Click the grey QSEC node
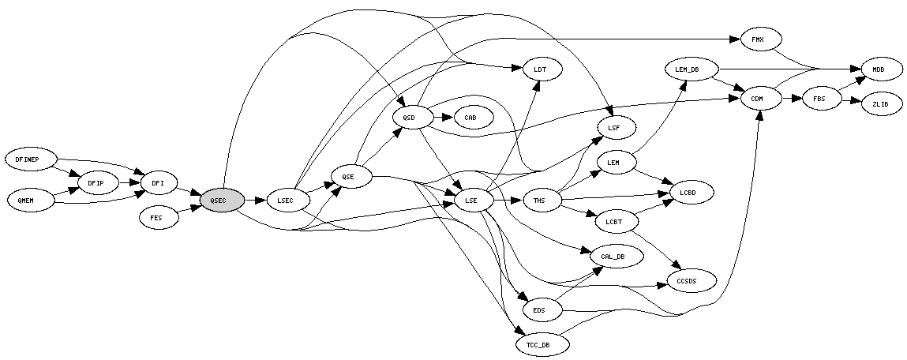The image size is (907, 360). click(x=222, y=201)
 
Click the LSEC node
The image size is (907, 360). click(x=286, y=201)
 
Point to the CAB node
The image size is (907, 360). click(x=470, y=118)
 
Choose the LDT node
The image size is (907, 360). click(x=541, y=69)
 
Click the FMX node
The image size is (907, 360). click(x=757, y=39)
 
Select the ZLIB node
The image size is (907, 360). click(x=880, y=103)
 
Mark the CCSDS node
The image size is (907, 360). click(x=691, y=280)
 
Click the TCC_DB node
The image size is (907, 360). click(x=538, y=345)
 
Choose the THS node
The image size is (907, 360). click(x=539, y=201)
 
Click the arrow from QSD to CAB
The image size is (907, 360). click(x=443, y=118)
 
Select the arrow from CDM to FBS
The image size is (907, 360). click(x=793, y=99)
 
